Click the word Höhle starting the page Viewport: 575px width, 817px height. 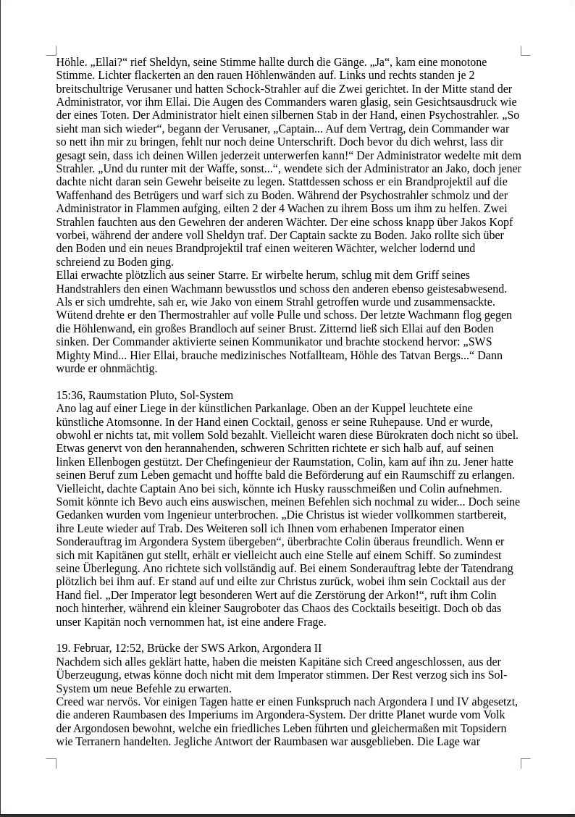70,62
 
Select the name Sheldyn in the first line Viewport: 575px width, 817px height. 180,62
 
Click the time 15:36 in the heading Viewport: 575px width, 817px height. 70,395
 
